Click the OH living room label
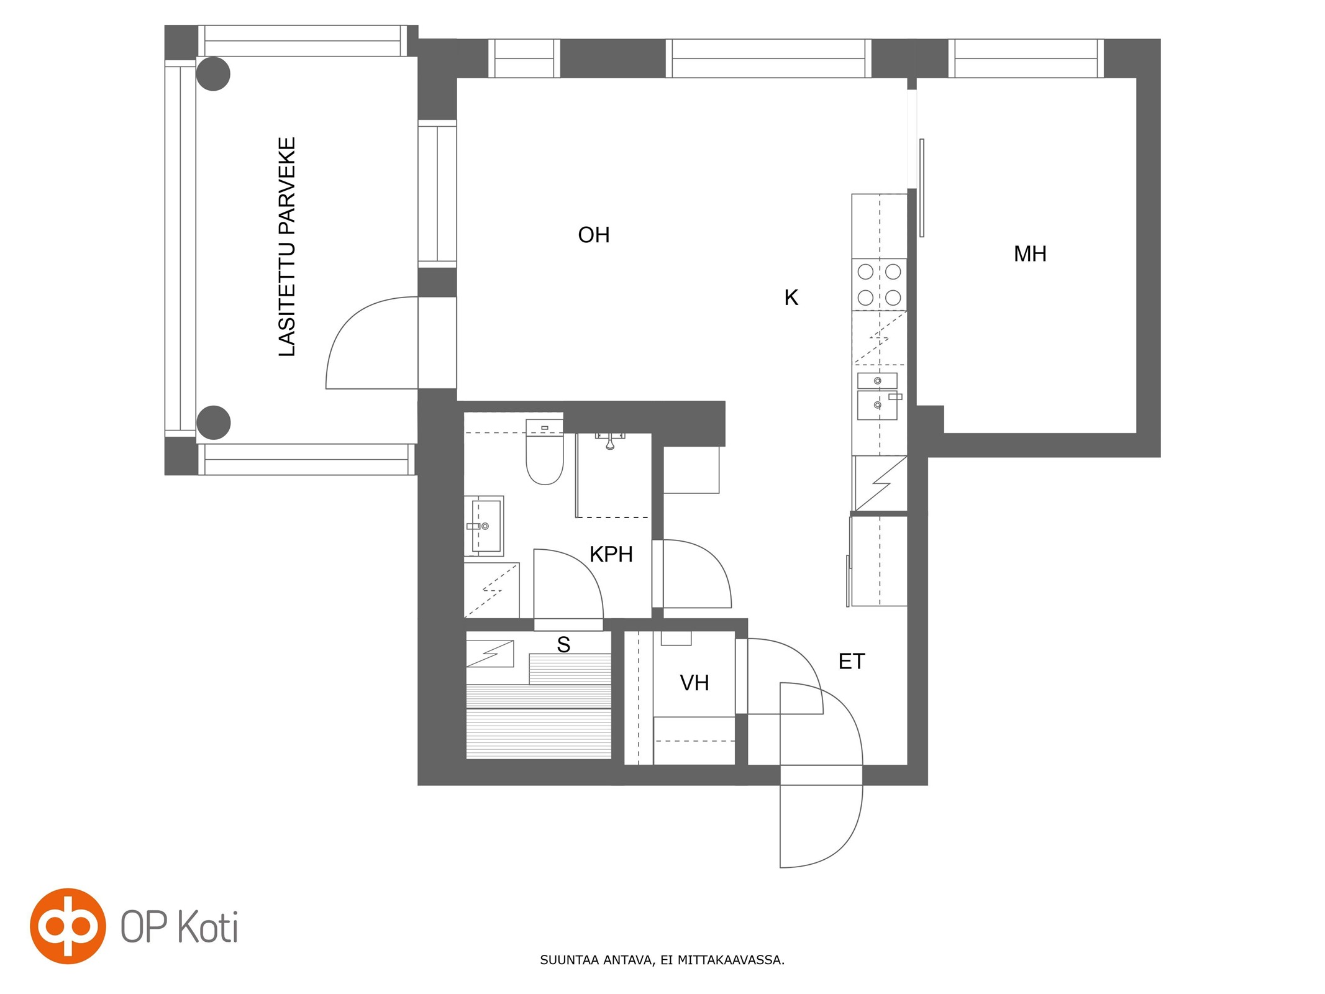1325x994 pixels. click(593, 235)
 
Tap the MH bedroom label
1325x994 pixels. click(1030, 253)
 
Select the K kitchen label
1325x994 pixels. click(791, 298)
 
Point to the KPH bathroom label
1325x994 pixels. click(611, 554)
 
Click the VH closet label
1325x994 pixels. click(694, 683)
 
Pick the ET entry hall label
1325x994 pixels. click(851, 661)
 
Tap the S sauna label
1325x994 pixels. click(563, 645)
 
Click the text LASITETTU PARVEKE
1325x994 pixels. click(286, 247)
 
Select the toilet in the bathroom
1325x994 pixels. click(545, 452)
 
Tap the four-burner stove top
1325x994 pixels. click(879, 285)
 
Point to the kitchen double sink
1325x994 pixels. click(877, 396)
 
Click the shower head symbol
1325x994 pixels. click(610, 441)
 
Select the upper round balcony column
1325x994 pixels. click(213, 74)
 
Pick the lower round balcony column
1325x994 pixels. click(213, 422)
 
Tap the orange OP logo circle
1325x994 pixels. click(68, 926)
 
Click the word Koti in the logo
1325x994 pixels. click(207, 928)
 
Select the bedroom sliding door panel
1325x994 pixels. click(922, 188)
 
